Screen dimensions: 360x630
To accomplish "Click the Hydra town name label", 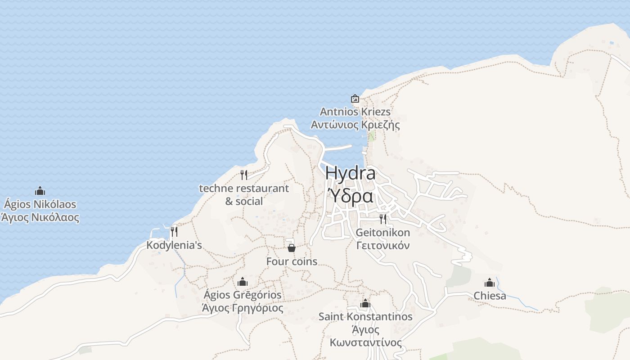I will (350, 173).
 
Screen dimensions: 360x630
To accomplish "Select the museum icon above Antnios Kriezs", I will (355, 99).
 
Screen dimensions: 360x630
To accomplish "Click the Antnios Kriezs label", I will (355, 112).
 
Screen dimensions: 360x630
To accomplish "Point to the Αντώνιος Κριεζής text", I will (355, 125).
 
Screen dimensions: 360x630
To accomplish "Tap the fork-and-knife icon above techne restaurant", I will (244, 175).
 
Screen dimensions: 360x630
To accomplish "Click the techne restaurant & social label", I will (244, 194).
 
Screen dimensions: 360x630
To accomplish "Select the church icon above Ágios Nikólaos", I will (40, 191).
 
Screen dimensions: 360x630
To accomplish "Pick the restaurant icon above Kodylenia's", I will (174, 232).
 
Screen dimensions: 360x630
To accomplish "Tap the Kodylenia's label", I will (174, 245).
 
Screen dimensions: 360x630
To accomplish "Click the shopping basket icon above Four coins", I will (292, 248).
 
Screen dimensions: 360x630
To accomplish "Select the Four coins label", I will (292, 261).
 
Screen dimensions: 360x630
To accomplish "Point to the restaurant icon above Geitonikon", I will (383, 219).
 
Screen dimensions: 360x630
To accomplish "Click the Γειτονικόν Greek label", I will (383, 246).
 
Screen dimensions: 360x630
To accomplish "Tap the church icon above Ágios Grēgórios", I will (243, 282).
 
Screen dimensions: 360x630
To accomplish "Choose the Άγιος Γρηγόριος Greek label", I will (243, 308).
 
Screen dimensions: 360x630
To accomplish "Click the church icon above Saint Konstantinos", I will (365, 304).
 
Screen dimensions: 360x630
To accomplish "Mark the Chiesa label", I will (490, 296).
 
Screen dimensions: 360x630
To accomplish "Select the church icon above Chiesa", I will (490, 283).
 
